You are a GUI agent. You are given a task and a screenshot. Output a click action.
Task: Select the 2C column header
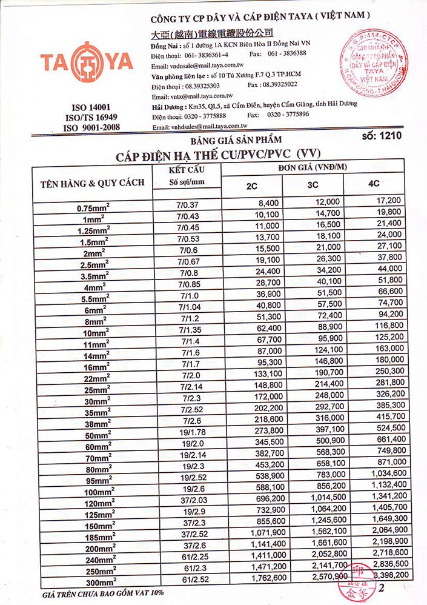[x=252, y=185]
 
